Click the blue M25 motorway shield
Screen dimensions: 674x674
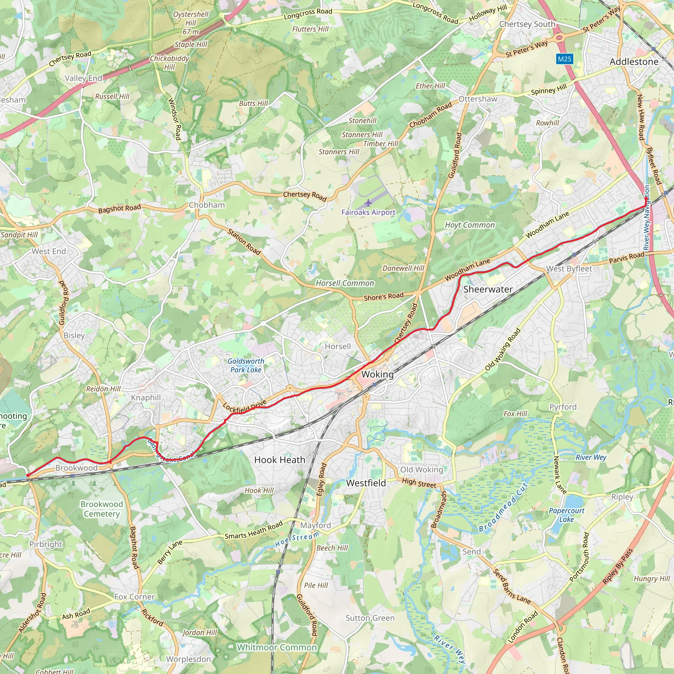(564, 59)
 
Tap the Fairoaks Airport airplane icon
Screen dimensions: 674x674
(368, 202)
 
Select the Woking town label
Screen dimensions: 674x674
(377, 374)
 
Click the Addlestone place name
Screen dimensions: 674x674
(634, 62)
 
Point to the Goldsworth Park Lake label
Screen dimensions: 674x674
(246, 365)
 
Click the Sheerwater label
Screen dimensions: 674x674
(488, 289)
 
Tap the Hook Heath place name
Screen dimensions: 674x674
(279, 460)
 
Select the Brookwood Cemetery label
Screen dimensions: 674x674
(101, 509)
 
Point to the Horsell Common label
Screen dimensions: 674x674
(345, 283)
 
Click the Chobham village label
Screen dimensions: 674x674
(207, 205)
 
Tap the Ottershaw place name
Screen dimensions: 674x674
(478, 99)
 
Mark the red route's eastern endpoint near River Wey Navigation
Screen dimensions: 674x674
(646, 198)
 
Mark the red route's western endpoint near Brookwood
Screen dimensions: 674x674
(28, 475)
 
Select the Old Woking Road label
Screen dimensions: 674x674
(503, 349)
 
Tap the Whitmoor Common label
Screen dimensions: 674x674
(277, 647)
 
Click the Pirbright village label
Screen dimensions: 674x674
(45, 544)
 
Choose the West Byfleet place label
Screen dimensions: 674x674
(569, 269)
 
